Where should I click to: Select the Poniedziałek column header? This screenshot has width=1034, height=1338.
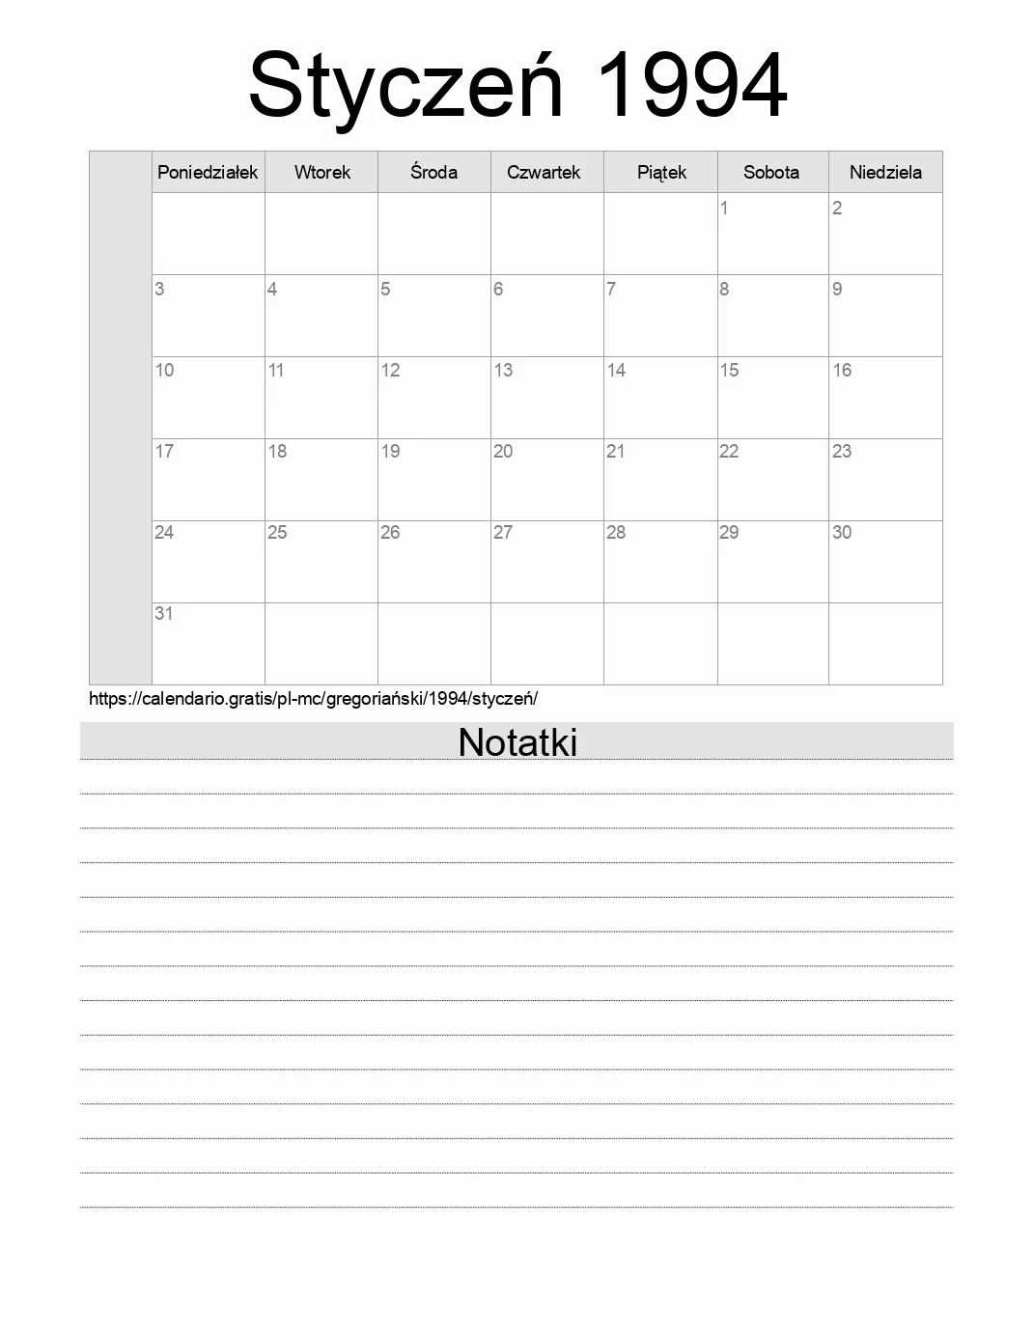click(208, 172)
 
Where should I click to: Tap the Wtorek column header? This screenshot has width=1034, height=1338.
click(321, 172)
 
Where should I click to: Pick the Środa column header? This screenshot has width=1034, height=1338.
click(433, 172)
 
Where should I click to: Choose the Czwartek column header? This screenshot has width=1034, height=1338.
click(544, 172)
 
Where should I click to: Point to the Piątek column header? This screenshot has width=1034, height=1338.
click(661, 172)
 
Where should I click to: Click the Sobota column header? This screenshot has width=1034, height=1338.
click(771, 172)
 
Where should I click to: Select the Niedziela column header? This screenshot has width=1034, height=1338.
click(885, 172)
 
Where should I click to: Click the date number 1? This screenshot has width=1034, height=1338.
click(724, 208)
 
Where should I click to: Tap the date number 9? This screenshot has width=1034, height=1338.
click(837, 289)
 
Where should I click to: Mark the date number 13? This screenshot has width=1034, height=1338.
click(503, 370)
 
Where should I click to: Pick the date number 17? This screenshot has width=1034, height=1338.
click(164, 451)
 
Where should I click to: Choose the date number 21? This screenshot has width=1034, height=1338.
click(615, 451)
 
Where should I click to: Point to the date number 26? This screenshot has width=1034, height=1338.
click(390, 532)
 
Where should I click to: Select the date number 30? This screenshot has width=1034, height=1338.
click(842, 532)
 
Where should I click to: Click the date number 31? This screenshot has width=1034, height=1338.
click(164, 613)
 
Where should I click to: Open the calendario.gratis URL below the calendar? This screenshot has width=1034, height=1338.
click(313, 698)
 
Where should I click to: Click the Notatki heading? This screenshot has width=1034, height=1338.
click(517, 741)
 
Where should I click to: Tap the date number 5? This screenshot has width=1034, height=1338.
click(385, 289)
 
